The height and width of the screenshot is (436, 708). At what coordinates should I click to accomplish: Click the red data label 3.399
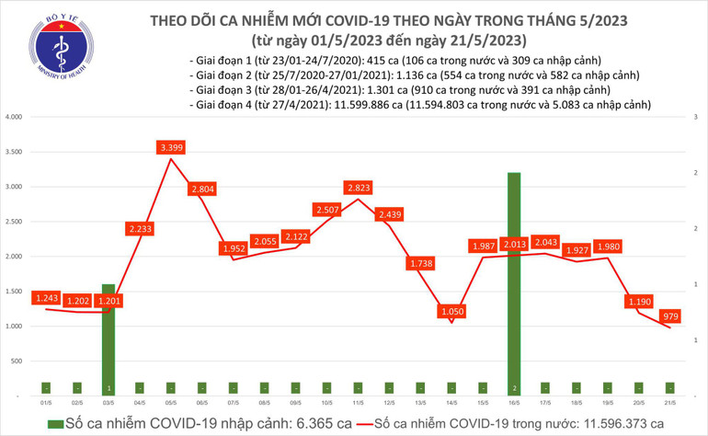point(171,146)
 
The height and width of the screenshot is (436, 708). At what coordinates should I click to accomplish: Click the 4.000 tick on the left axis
point(13,118)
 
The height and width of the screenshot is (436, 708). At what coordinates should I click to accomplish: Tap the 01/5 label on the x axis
point(46,403)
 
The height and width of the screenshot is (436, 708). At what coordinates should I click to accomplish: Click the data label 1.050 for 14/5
point(451,312)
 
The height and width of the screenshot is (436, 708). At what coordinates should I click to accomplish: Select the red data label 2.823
point(358,188)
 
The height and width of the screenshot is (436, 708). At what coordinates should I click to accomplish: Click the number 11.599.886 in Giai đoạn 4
point(366,105)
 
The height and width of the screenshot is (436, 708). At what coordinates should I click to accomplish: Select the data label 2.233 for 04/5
point(141,227)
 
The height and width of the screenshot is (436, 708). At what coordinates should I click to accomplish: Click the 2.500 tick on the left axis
point(13,222)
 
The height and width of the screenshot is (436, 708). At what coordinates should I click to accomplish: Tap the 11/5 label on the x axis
point(358,403)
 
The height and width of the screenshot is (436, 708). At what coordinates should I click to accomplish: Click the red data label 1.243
point(46,298)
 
